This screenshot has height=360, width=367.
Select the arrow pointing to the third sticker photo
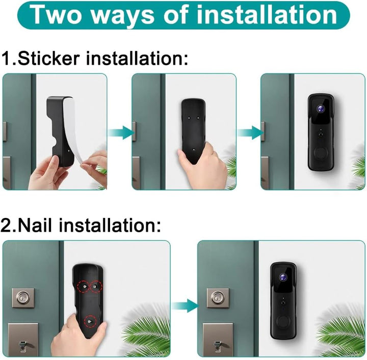click(x=249, y=132)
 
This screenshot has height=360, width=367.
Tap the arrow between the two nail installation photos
click(x=184, y=306)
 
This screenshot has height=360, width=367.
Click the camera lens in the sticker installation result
click(x=321, y=108)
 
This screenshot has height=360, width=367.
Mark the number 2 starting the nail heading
click(x=7, y=225)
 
